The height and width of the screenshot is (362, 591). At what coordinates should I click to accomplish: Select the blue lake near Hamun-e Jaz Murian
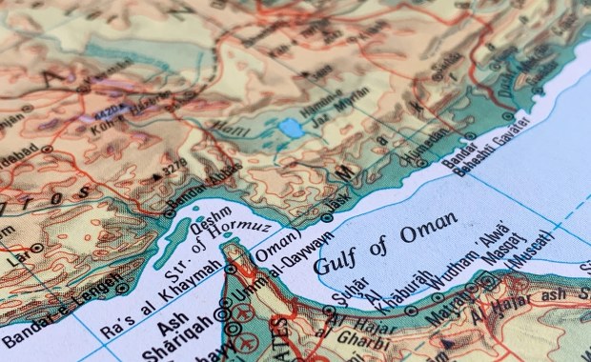(290, 126)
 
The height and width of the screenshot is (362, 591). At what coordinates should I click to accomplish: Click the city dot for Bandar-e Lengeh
(122, 288)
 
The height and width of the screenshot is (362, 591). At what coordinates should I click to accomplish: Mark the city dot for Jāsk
(327, 217)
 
